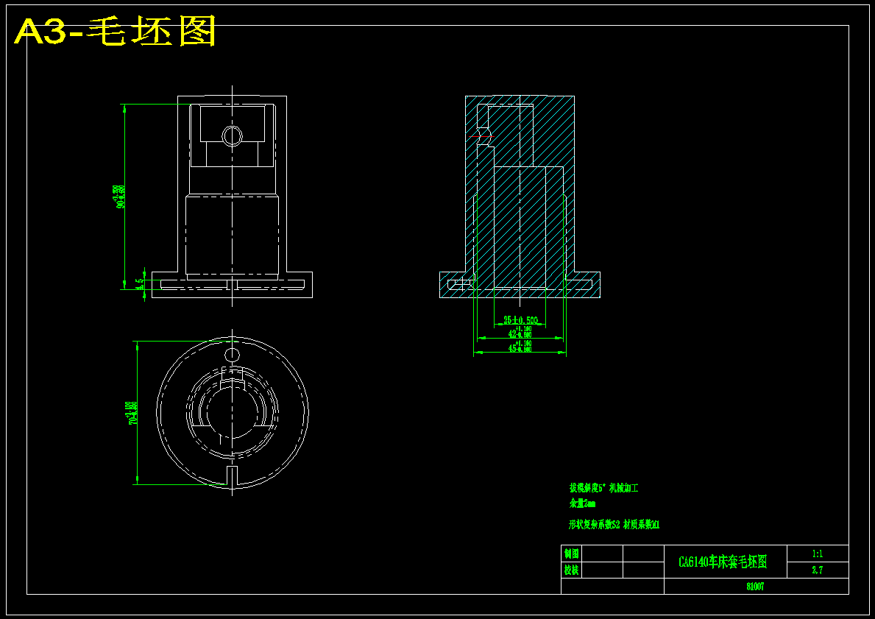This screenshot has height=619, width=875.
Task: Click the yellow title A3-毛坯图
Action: point(116,32)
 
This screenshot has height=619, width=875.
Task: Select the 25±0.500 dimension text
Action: point(520,320)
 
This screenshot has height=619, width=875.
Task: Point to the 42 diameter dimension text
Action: point(520,334)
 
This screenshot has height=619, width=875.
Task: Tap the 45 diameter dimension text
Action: point(520,349)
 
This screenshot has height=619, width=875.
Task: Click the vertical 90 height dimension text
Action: point(120,197)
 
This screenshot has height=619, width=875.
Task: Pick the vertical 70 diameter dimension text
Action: point(132,413)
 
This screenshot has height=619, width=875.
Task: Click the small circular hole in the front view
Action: point(232,135)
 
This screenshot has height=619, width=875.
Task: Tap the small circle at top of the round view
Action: point(232,356)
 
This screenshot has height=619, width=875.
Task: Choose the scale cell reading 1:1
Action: point(817,553)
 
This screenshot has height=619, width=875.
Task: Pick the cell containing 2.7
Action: point(817,570)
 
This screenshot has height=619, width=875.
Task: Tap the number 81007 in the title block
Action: point(755,587)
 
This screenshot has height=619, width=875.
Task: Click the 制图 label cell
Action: point(571,553)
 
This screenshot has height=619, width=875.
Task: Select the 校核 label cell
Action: point(571,570)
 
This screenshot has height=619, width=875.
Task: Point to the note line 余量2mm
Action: point(582,504)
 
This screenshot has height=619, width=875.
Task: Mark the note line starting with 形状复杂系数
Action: point(614,525)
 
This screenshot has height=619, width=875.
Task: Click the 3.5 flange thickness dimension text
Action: point(141,283)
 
